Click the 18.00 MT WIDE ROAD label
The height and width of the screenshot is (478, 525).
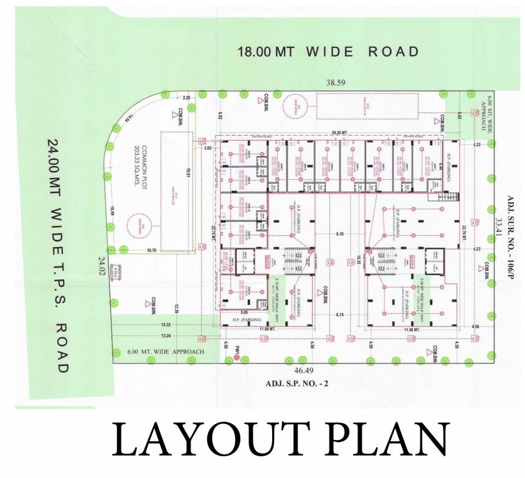pos(329,52)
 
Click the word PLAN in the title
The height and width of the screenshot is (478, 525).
pos(385,441)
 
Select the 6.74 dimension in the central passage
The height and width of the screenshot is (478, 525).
pos(339,314)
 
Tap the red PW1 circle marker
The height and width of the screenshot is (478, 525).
pos(245,358)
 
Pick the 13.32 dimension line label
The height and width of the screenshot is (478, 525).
pos(165,325)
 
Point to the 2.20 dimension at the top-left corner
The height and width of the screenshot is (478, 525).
pos(187,98)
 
